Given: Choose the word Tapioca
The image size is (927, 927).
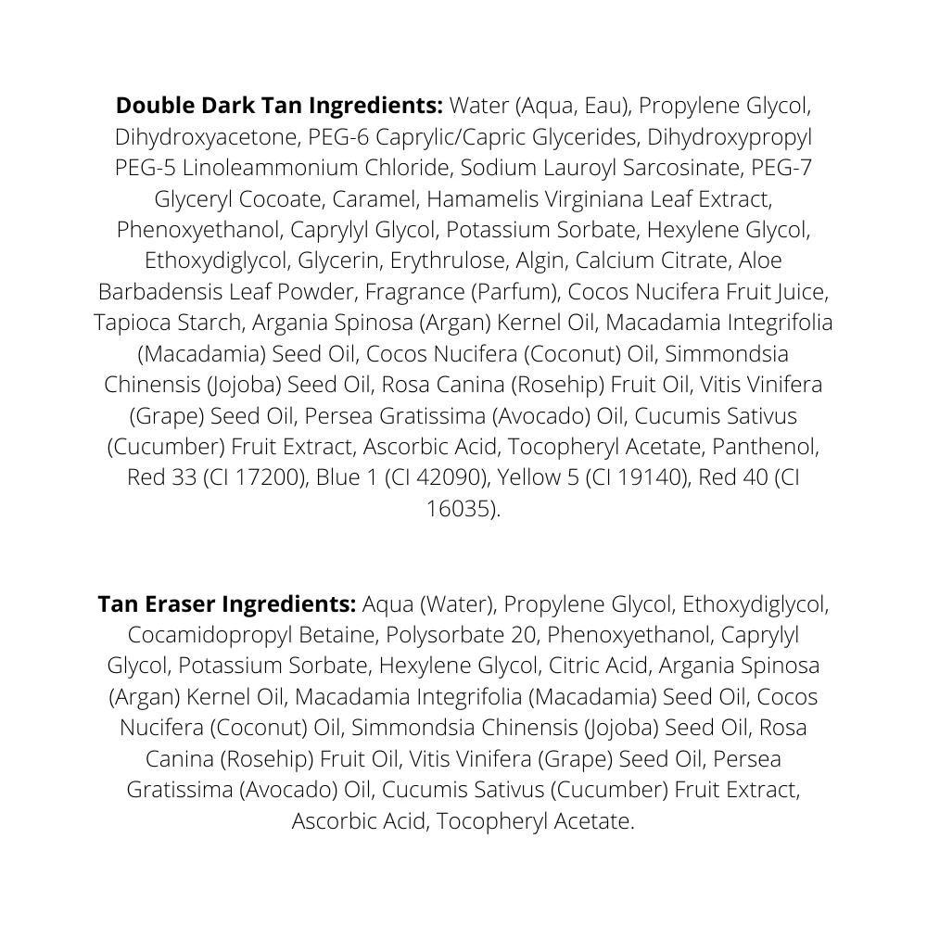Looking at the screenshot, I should pyautogui.click(x=135, y=323).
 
